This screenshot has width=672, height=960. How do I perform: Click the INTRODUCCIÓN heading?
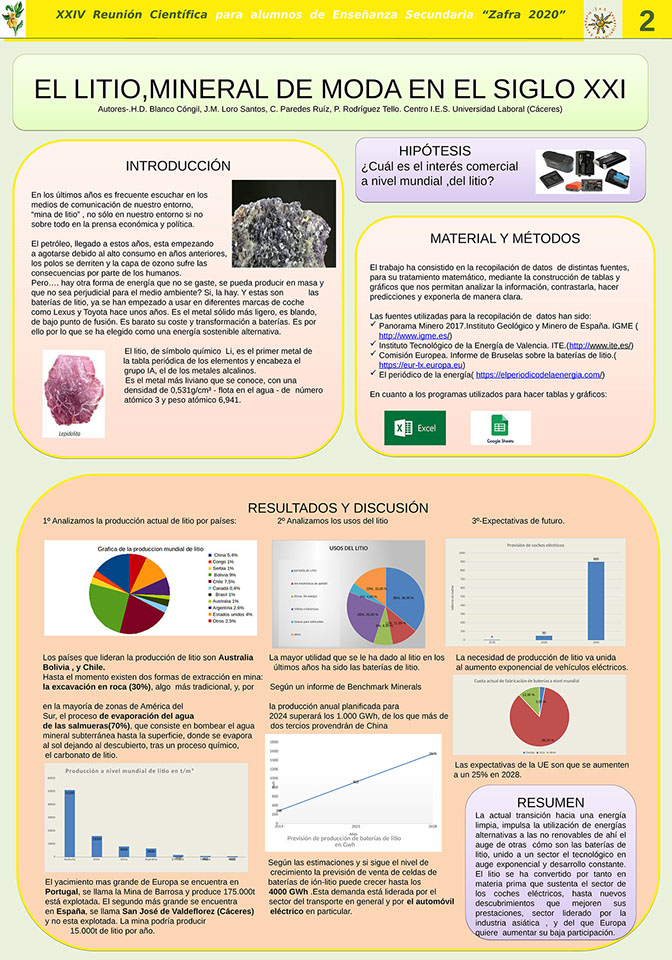178,166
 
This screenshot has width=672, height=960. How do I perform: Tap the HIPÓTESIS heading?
434,150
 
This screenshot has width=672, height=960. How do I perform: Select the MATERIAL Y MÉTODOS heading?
504,238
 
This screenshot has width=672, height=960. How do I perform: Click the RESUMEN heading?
551,802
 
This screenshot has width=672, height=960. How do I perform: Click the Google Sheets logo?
500,427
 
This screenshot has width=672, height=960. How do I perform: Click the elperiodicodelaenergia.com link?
539,374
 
